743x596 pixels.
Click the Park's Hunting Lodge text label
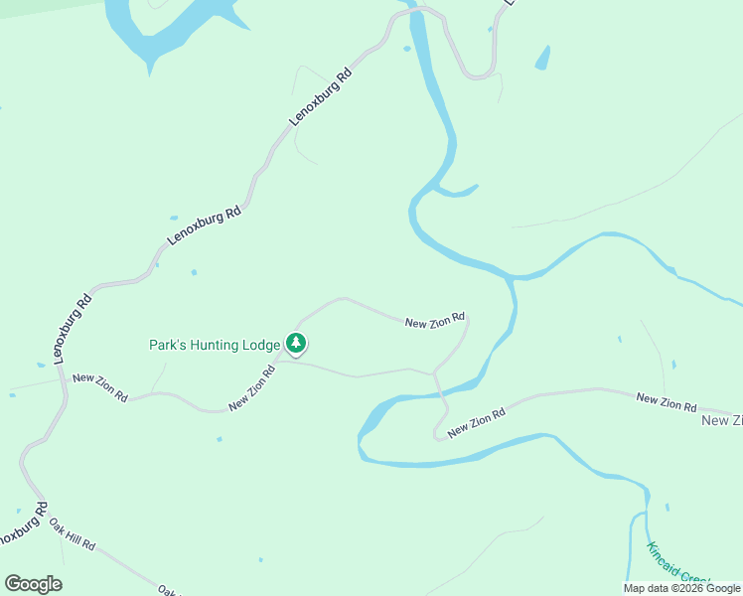coord(215,346)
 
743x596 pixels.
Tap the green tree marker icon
coord(296,344)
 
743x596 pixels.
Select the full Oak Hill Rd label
coord(74,533)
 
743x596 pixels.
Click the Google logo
coord(33,584)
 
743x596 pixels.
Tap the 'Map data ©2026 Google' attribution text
coord(681,588)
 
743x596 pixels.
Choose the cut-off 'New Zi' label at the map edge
coord(722,421)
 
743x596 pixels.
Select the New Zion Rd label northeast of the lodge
coord(435,320)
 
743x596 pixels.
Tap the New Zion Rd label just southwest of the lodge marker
coord(251,389)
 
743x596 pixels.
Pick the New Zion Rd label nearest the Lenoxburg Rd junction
coord(99,386)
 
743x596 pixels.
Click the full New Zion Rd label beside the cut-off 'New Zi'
coord(666,401)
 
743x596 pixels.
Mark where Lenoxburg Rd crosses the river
coord(417,12)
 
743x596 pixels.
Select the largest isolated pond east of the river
coord(542,59)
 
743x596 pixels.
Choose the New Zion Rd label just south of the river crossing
coord(477,422)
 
